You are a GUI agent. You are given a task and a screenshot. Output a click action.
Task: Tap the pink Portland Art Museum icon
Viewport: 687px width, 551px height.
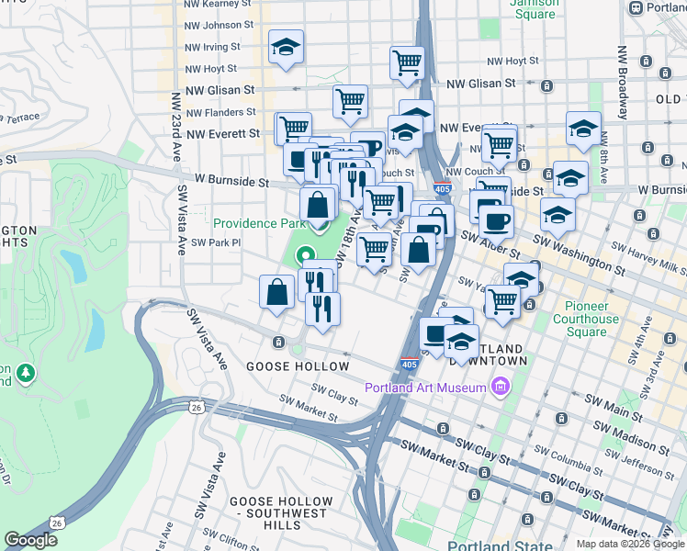(501, 387)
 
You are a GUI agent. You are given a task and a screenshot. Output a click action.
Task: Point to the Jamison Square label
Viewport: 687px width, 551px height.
(533, 8)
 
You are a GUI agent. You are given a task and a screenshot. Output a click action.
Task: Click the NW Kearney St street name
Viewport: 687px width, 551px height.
(217, 5)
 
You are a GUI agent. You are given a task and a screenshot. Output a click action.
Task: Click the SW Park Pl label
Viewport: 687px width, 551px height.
(214, 242)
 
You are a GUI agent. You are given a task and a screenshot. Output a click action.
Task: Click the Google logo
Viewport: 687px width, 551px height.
(30, 540)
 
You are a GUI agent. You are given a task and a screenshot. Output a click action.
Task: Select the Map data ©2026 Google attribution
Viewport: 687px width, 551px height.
(630, 544)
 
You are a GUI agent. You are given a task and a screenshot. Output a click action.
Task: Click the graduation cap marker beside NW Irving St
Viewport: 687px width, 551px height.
(287, 48)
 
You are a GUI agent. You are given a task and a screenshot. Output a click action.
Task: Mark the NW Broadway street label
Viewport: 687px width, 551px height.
(622, 83)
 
